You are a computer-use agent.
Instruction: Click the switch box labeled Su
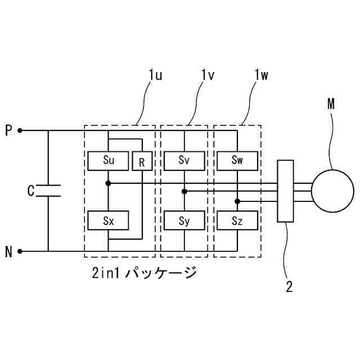(109, 160)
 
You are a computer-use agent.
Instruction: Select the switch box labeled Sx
(109, 220)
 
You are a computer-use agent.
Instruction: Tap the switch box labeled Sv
(184, 160)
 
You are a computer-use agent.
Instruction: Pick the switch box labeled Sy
(184, 220)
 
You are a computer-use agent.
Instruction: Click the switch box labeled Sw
(237, 160)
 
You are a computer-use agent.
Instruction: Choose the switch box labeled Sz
(237, 220)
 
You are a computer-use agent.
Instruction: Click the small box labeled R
(142, 163)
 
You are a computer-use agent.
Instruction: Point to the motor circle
(332, 191)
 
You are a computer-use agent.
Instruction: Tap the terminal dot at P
(20, 130)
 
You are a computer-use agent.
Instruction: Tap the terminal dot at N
(20, 251)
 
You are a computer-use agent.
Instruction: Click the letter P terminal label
(8, 130)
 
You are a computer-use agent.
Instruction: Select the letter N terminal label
(8, 251)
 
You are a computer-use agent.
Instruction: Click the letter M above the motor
(331, 104)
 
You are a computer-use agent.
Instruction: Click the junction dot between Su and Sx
(109, 183)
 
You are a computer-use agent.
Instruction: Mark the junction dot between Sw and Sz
(237, 201)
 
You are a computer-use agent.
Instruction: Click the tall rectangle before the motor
(286, 191)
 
